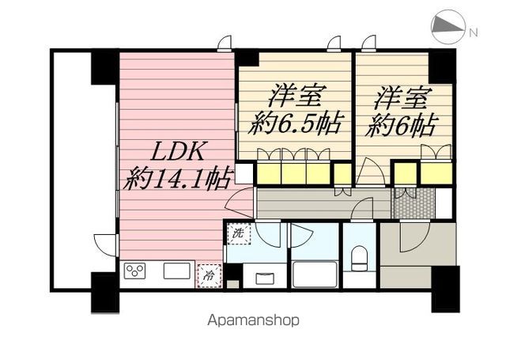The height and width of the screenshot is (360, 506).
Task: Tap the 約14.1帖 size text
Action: click(176, 180)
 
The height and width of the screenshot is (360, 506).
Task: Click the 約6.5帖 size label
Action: click(295, 125)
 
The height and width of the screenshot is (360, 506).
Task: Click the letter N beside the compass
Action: click(474, 32)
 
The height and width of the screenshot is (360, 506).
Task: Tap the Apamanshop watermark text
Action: click(252, 321)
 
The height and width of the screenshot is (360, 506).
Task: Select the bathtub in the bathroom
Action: click(314, 274)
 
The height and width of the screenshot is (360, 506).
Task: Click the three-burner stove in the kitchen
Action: click(135, 271)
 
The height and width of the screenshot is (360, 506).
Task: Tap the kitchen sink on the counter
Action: click(176, 271)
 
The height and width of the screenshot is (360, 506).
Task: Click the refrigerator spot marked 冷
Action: click(209, 275)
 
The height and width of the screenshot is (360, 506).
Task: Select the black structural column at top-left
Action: click(104, 66)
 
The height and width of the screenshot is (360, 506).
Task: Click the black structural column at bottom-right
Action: click(444, 289)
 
